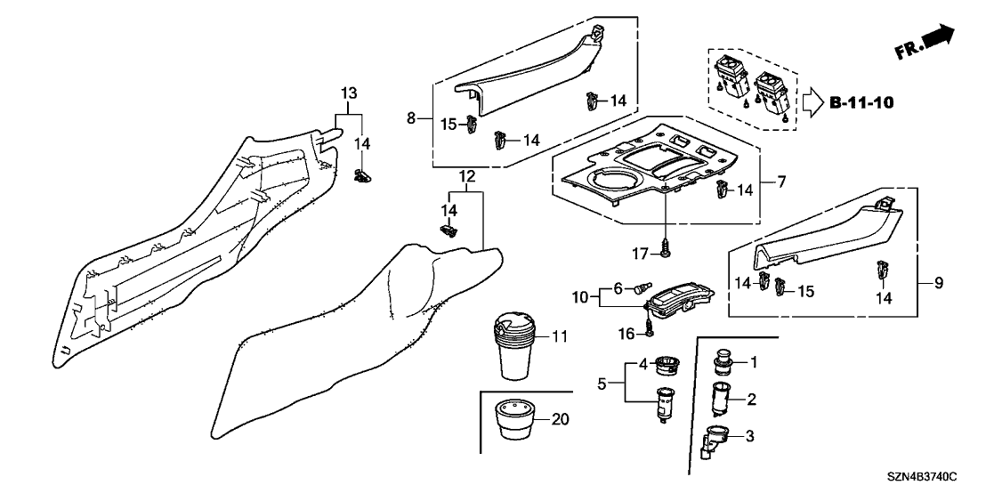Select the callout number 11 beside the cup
click(x=559, y=337)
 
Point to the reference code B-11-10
click(x=861, y=102)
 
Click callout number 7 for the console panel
click(x=781, y=183)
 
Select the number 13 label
click(x=349, y=93)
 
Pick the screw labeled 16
click(x=647, y=324)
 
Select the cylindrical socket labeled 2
click(x=722, y=399)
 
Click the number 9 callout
click(x=938, y=284)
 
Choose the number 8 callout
click(x=411, y=117)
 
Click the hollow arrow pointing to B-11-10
click(x=812, y=103)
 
